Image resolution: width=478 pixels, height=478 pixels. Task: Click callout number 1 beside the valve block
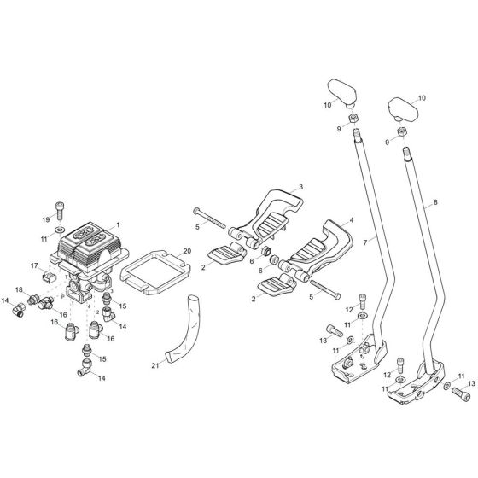point(118,224)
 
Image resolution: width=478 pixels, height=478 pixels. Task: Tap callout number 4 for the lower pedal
point(350,220)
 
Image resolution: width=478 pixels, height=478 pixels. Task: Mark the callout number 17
point(36,265)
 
